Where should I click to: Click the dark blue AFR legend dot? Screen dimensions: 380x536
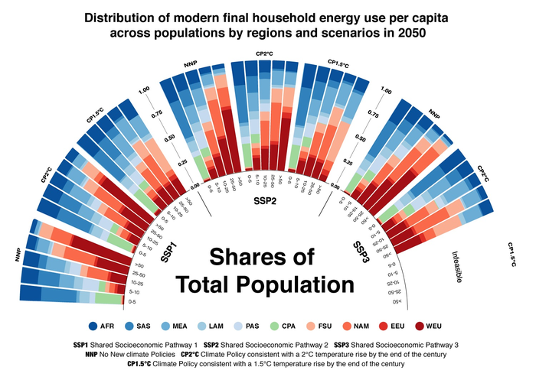click(94, 325)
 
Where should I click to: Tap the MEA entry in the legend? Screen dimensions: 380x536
click(185, 325)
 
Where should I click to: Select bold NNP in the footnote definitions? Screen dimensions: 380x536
click(91, 354)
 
